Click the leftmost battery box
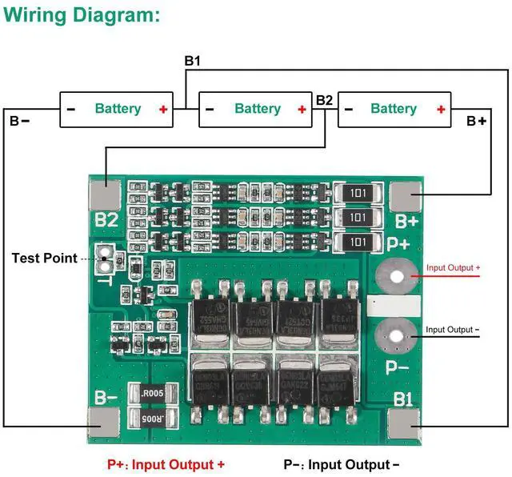pos(117,109)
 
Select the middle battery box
pos(256,109)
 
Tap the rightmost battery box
pos(394,109)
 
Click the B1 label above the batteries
pos(193,60)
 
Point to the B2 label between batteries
pos(324,100)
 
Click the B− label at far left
pos(19,121)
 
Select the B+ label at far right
pos(477,121)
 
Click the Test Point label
pos(44,258)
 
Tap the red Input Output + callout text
pos(453,268)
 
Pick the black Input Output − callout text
pos(453,329)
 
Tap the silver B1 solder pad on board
pos(405,422)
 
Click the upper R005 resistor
pos(152,393)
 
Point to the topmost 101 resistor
pos(358,193)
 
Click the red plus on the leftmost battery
pos(163,109)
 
